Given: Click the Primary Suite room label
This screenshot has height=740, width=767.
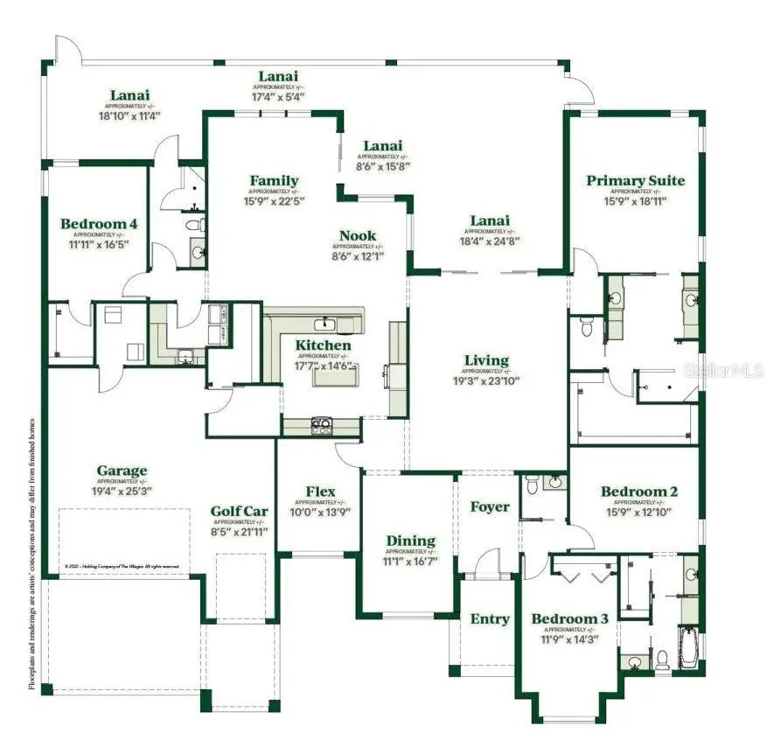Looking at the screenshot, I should (635, 181).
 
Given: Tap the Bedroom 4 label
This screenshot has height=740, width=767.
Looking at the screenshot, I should (99, 224).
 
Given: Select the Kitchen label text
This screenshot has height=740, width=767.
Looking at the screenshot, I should (323, 346).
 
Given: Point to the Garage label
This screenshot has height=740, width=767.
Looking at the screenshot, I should (122, 471).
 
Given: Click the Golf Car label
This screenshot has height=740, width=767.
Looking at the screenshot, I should (239, 512).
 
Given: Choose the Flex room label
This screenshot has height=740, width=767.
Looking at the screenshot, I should (320, 492).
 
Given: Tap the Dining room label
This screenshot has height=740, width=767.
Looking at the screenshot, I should (410, 541).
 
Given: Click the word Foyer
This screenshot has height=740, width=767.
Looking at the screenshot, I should (489, 506).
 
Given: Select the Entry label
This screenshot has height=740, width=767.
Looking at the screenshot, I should (490, 619).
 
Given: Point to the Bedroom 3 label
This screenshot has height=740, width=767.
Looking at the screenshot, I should (569, 619).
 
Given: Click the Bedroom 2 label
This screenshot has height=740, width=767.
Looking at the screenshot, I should (638, 492).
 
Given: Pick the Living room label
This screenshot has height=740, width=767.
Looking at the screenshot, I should (486, 360).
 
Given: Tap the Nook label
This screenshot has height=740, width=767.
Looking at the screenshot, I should (358, 235).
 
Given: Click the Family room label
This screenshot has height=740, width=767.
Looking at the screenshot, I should (274, 181).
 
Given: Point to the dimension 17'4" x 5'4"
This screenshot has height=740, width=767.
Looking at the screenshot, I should (278, 96).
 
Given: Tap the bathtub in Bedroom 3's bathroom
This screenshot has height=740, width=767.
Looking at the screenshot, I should (690, 647).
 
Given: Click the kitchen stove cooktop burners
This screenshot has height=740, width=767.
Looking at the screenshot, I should (321, 426).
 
